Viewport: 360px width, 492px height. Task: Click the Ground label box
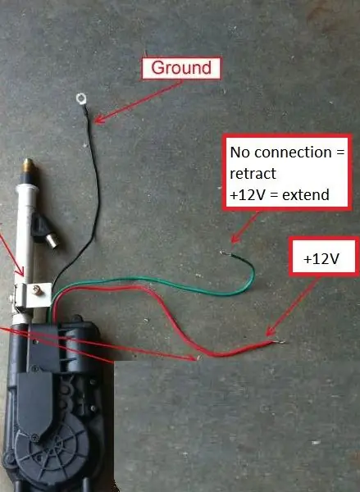tap(181, 68)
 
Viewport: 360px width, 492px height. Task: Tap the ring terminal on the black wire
tap(81, 98)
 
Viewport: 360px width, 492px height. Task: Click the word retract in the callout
tap(253, 174)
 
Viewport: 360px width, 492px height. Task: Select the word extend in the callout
tap(306, 195)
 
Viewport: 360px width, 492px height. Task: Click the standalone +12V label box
tap(324, 257)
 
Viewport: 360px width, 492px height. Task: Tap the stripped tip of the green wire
tap(224, 253)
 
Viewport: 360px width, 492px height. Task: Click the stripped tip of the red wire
tap(279, 342)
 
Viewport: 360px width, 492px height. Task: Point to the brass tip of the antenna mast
tap(28, 166)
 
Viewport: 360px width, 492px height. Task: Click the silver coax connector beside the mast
tap(52, 241)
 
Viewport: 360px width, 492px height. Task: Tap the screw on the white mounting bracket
tap(38, 289)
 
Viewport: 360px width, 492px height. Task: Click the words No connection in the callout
tap(281, 153)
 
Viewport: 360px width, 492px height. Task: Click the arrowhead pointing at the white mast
tap(21, 271)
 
